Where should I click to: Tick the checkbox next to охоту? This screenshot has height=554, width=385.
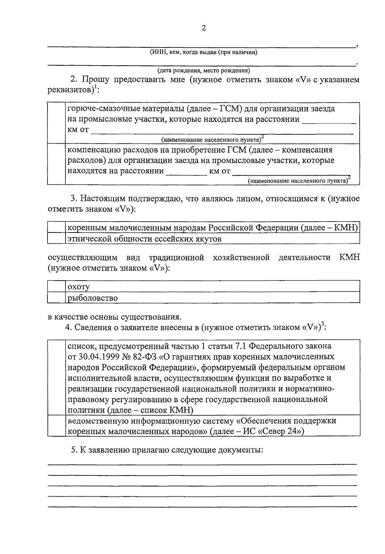pyautogui.click(x=56, y=286)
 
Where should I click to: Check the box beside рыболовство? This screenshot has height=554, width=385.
pyautogui.click(x=56, y=298)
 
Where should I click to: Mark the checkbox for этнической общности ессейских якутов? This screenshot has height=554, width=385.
pyautogui.click(x=56, y=239)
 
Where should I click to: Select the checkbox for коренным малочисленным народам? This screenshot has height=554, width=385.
pyautogui.click(x=56, y=228)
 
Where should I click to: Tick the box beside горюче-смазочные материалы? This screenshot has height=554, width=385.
pyautogui.click(x=56, y=123)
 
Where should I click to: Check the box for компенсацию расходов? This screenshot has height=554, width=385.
pyautogui.click(x=56, y=164)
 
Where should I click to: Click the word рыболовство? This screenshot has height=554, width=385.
pyautogui.click(x=93, y=298)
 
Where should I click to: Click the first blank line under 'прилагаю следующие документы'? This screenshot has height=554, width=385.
pyautogui.click(x=202, y=464)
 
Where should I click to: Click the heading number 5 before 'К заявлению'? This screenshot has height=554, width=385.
pyautogui.click(x=73, y=449)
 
